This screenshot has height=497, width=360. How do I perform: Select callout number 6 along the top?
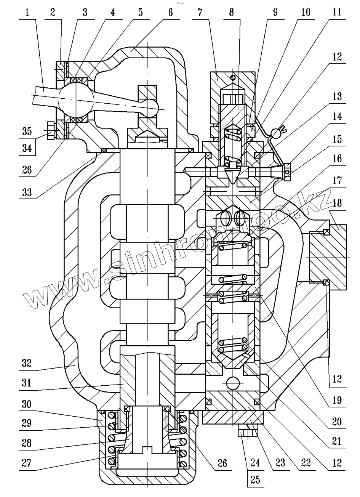(170, 12)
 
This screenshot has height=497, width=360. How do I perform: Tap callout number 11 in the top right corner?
(337, 12)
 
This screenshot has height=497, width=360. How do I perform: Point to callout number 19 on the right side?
(337, 400)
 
